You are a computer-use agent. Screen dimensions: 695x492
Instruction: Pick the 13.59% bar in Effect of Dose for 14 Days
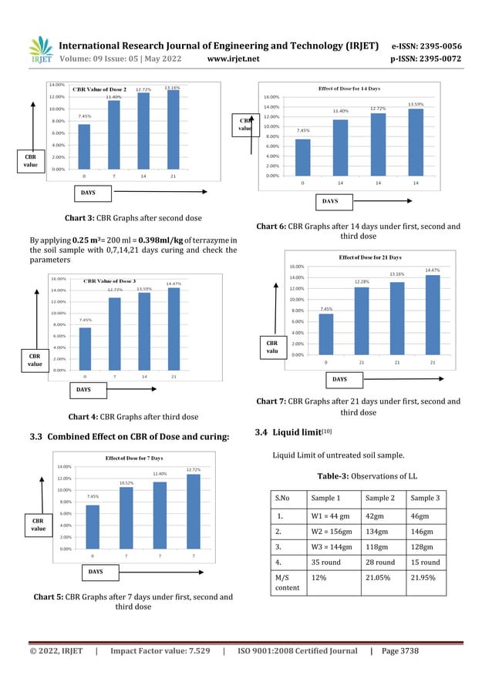415,142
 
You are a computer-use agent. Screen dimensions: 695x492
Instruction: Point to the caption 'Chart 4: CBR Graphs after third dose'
131,417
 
